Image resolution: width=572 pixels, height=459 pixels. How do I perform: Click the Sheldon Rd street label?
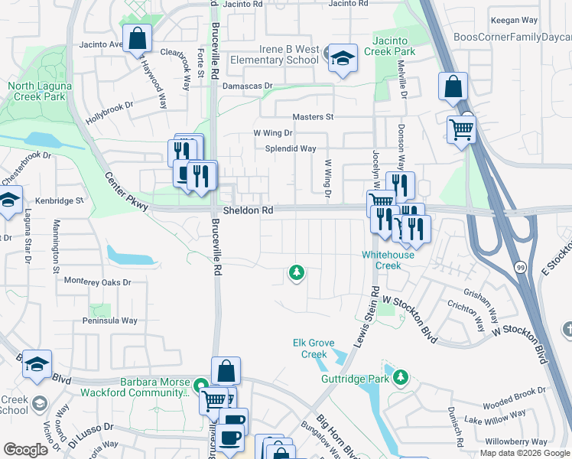click(x=247, y=210)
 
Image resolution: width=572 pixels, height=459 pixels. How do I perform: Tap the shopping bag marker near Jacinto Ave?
click(x=137, y=39)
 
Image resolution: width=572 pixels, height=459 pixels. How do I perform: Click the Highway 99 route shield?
click(x=520, y=266)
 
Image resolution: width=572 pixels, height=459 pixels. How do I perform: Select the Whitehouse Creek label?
click(x=388, y=260)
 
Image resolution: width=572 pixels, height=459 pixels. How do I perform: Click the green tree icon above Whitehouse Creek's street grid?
click(x=296, y=272)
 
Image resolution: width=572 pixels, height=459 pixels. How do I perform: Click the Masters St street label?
click(x=313, y=117)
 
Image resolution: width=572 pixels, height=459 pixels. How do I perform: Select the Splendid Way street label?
click(x=291, y=148)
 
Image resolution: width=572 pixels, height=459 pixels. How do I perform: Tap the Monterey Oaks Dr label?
click(x=98, y=282)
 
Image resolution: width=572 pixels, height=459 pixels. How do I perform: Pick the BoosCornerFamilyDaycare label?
click(x=512, y=37)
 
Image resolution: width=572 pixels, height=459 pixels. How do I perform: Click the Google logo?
click(x=26, y=450)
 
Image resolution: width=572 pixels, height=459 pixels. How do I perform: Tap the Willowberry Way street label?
click(x=516, y=441)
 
